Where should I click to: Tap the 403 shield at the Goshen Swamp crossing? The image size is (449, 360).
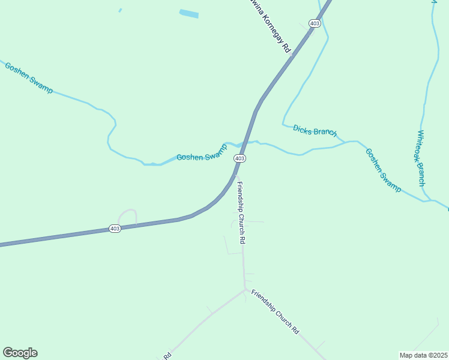240,158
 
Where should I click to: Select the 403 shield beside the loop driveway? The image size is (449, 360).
115,229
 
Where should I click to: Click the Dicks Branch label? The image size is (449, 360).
315,130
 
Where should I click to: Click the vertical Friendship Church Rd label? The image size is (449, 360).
241,212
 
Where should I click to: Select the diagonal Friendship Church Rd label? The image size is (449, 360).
275,311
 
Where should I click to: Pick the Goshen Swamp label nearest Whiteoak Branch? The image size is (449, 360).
383,170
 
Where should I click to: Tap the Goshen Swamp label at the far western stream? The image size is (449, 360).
28,77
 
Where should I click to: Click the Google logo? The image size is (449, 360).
20,353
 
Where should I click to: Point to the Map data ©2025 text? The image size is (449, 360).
424,355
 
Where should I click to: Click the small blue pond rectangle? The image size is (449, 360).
188,14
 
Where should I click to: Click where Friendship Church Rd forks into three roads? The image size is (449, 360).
244,290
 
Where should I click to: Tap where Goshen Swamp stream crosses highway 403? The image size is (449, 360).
244,144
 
